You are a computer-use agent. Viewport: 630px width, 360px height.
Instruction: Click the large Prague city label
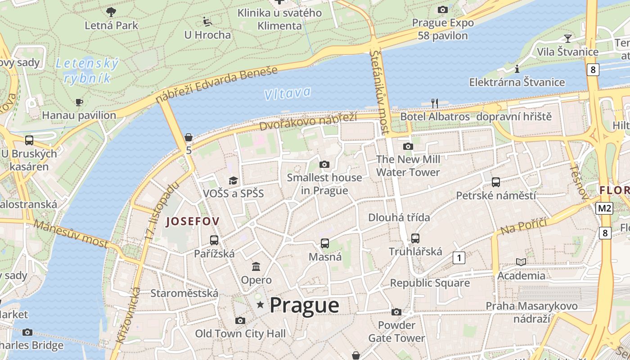click(304, 306)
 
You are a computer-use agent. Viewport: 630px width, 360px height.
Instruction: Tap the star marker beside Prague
click(260, 305)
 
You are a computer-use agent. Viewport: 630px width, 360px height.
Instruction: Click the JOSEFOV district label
click(193, 221)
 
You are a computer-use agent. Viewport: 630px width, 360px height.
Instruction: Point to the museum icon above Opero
click(256, 266)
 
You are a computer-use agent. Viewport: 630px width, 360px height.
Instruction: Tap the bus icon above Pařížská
click(214, 240)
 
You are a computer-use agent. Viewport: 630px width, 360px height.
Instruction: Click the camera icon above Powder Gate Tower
click(396, 312)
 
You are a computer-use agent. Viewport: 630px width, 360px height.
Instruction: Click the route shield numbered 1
click(459, 258)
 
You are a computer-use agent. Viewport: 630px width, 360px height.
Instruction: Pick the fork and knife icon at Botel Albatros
click(434, 103)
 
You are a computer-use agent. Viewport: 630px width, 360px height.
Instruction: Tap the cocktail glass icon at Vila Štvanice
click(568, 38)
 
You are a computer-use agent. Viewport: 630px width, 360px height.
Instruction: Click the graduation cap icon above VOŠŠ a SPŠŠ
click(233, 181)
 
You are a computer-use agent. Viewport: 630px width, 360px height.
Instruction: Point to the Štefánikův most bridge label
click(379, 92)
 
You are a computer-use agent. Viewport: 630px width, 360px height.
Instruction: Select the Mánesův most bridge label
click(71, 234)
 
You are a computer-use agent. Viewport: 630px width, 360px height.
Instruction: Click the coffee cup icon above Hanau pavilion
click(79, 103)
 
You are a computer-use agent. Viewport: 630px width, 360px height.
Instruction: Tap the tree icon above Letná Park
click(111, 12)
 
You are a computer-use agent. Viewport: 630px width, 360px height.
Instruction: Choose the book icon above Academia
click(521, 262)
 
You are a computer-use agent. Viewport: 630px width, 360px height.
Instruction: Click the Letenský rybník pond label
click(87, 71)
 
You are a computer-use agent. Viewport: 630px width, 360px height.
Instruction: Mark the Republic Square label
click(429, 283)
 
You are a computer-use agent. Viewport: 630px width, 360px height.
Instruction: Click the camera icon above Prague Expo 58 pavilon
click(442, 9)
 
